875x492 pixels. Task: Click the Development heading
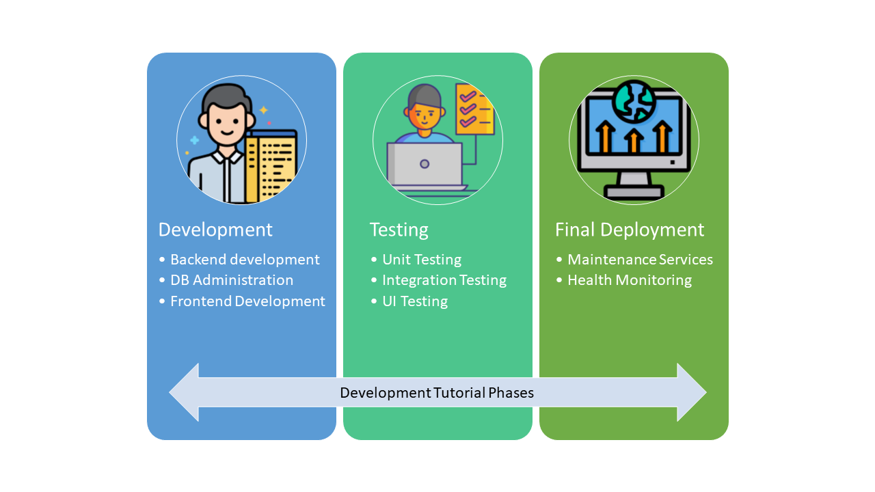[x=215, y=230]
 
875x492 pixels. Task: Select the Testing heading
[x=399, y=230]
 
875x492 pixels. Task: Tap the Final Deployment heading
[x=630, y=230]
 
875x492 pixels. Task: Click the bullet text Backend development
[x=245, y=260]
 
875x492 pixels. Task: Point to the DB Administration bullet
[x=232, y=280]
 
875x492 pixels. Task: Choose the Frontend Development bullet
[x=247, y=301]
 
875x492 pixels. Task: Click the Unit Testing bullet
[x=422, y=260]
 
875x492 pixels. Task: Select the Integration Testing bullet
[x=444, y=280]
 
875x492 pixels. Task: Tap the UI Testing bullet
[x=415, y=301]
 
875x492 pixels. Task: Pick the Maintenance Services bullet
[x=640, y=260]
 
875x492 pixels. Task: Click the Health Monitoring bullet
[x=630, y=280]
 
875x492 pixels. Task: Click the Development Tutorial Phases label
[x=437, y=393]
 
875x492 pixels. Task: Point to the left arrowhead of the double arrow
[x=185, y=392]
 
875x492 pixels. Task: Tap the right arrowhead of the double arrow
[x=691, y=392]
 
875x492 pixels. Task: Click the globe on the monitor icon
[x=634, y=101]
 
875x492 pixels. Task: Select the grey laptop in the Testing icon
[x=425, y=165]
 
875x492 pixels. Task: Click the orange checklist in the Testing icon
[x=475, y=109]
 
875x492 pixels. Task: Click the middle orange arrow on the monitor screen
[x=634, y=141]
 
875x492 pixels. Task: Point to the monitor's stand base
[x=634, y=192]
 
